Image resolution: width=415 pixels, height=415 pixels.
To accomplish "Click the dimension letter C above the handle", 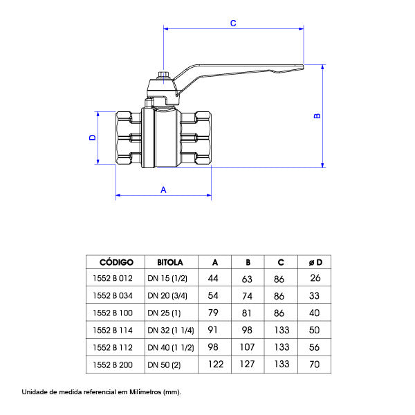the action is pyautogui.click(x=233, y=24).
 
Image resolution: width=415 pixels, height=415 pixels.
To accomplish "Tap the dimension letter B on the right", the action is pyautogui.click(x=317, y=116).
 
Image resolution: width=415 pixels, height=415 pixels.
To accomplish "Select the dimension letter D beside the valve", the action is pyautogui.click(x=93, y=138).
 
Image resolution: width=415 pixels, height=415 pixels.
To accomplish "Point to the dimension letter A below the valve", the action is pyautogui.click(x=163, y=190).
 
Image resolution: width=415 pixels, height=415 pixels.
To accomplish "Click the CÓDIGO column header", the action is pyautogui.click(x=116, y=262).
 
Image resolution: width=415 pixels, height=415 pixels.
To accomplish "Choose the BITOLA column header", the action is pyautogui.click(x=170, y=262).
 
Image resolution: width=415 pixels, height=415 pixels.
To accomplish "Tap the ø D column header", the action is pyautogui.click(x=315, y=262).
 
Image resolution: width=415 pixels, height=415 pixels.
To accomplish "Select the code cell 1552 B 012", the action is pyautogui.click(x=113, y=278).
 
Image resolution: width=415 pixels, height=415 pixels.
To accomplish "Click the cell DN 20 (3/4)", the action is pyautogui.click(x=167, y=295).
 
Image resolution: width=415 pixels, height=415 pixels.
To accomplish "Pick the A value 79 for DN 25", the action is pyautogui.click(x=213, y=313).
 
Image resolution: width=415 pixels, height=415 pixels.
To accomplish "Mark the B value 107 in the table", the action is pyautogui.click(x=247, y=347).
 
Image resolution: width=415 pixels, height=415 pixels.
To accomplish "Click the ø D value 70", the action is pyautogui.click(x=315, y=365).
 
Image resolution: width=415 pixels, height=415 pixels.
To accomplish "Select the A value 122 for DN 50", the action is pyautogui.click(x=216, y=365).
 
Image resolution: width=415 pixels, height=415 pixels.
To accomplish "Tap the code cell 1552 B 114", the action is pyautogui.click(x=113, y=330).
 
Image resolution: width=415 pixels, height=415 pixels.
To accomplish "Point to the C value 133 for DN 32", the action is pyautogui.click(x=282, y=330).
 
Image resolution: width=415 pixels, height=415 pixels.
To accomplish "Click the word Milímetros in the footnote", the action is pyautogui.click(x=145, y=391).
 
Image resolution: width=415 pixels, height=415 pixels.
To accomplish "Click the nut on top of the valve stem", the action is pyautogui.click(x=164, y=75).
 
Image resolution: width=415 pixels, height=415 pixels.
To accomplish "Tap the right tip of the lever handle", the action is pyautogui.click(x=304, y=67).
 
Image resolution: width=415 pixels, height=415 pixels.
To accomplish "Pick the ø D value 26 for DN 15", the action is pyautogui.click(x=315, y=278).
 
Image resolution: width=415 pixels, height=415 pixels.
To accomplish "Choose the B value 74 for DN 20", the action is pyautogui.click(x=247, y=296).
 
